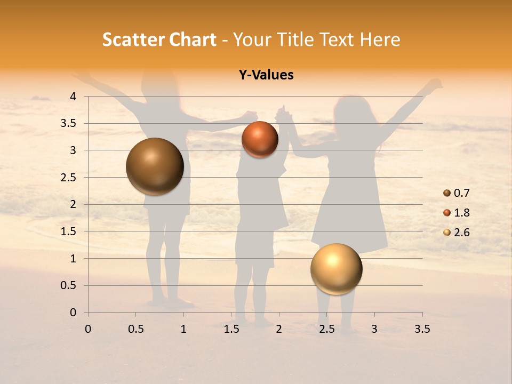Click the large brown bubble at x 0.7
(x=155, y=166)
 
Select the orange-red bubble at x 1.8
(x=260, y=139)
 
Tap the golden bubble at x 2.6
(x=336, y=269)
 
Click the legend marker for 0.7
(x=447, y=193)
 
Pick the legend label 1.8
(x=461, y=213)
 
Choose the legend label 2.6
(x=461, y=233)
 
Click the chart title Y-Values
(x=266, y=75)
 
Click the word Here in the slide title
(x=380, y=39)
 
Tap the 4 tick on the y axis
(x=73, y=97)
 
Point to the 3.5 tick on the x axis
(x=422, y=329)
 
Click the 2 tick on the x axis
(x=279, y=329)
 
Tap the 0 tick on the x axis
(x=88, y=329)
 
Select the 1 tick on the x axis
(x=183, y=329)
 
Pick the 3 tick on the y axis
(x=73, y=150)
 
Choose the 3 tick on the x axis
(x=374, y=329)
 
